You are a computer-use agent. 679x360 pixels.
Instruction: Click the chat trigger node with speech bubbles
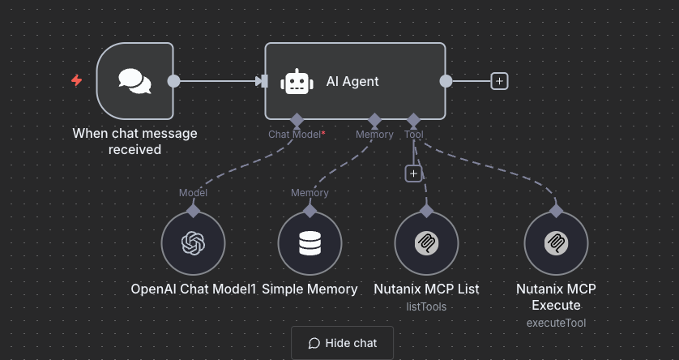click(135, 80)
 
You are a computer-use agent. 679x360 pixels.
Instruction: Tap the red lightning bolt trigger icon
click(77, 80)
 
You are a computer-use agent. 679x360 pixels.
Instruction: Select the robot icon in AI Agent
click(297, 81)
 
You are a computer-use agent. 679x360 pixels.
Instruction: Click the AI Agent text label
click(352, 81)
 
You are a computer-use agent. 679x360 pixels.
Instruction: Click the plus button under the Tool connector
click(413, 174)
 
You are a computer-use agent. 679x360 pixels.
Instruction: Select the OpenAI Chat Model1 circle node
click(193, 244)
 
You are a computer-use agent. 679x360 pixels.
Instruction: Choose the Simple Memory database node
click(310, 244)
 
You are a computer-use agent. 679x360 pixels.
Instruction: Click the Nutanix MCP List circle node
click(426, 244)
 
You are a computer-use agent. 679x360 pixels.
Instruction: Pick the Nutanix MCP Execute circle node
click(556, 244)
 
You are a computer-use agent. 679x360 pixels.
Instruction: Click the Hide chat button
click(342, 343)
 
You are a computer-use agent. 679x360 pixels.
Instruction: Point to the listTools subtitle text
click(426, 306)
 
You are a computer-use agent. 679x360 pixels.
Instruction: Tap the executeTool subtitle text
click(556, 323)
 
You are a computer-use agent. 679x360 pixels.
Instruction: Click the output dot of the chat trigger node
click(173, 80)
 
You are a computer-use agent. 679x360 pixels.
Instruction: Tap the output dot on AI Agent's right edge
click(445, 80)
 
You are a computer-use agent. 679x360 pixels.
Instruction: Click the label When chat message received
click(135, 141)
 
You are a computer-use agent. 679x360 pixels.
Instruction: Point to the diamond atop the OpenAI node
click(193, 210)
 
